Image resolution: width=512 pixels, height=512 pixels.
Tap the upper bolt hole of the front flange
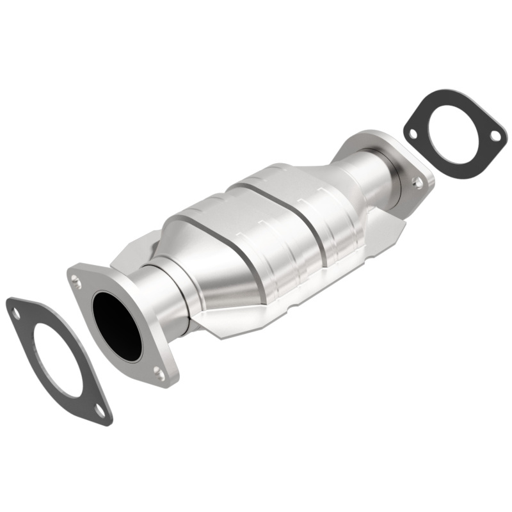point(76,279)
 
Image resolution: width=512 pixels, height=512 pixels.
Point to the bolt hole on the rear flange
point(418,182)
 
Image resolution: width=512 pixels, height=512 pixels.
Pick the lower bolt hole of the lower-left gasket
point(99,410)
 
